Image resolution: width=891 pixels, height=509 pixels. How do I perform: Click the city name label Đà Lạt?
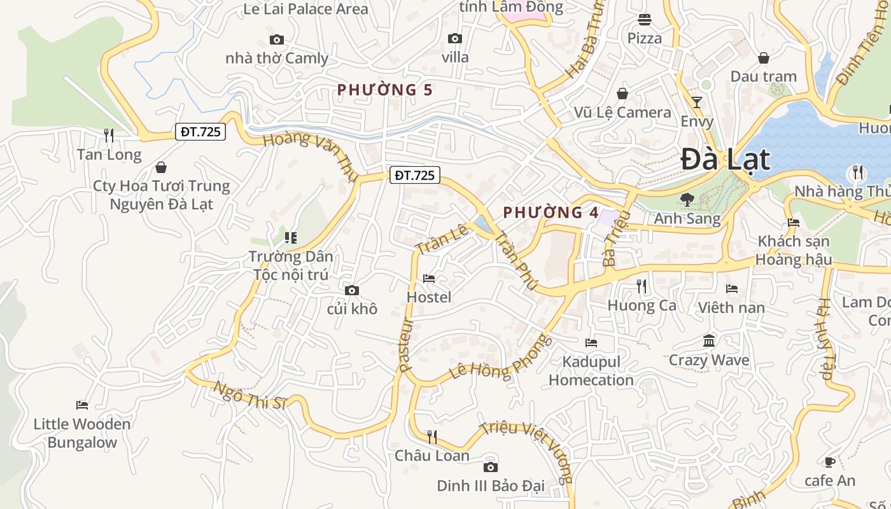[726, 159]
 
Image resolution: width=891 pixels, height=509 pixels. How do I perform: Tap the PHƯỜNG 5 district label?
[384, 90]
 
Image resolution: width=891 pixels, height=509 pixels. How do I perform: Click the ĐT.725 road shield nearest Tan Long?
[200, 132]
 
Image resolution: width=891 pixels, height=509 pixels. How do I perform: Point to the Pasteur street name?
[406, 344]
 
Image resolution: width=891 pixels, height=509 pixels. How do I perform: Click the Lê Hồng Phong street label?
[498, 358]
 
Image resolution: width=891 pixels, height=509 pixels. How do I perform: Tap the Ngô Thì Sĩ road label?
[250, 394]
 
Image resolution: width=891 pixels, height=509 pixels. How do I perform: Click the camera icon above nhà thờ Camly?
[277, 39]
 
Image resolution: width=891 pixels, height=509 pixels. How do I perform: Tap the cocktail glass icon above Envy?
[697, 102]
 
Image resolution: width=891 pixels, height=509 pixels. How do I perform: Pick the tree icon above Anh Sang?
[687, 200]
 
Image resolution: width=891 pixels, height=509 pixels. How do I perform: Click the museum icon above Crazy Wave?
[709, 341]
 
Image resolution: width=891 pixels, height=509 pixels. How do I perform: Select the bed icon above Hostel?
[429, 279]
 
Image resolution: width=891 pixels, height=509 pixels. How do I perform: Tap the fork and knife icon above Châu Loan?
[432, 436]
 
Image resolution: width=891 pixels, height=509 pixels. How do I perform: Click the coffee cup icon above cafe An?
[829, 462]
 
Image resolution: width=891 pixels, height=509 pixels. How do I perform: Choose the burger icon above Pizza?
[645, 19]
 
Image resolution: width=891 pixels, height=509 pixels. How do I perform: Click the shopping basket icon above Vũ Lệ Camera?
[622, 94]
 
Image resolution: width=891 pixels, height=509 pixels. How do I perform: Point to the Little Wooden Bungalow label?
[82, 433]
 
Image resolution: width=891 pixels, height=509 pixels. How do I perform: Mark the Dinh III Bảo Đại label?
[490, 486]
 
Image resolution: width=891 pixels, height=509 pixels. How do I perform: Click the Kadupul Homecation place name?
[591, 371]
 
